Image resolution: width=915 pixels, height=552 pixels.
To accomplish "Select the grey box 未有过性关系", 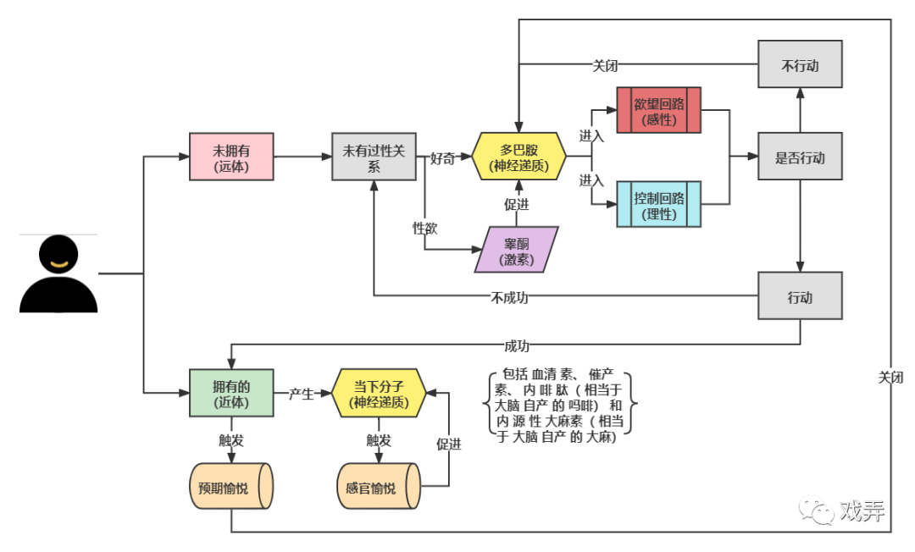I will [x=374, y=157].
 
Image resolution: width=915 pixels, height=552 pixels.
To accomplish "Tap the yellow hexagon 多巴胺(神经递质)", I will [x=518, y=157].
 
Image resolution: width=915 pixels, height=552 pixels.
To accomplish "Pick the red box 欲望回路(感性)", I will [x=658, y=110].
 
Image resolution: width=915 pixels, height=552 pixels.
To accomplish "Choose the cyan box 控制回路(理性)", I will [x=658, y=204].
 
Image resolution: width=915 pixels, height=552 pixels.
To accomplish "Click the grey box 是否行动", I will [x=800, y=157].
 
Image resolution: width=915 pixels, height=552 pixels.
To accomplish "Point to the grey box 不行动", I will [x=800, y=64].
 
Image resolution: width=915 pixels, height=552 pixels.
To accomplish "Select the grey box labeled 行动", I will [x=800, y=296].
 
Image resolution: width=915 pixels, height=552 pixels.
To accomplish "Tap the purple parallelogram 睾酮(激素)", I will [x=517, y=250].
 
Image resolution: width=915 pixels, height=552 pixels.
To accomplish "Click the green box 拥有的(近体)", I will [x=231, y=393].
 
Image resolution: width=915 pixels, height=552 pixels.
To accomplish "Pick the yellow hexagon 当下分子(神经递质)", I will [x=379, y=393].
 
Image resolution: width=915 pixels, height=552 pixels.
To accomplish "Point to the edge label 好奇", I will [x=442, y=157].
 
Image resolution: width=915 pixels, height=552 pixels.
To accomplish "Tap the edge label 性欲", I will [x=424, y=227].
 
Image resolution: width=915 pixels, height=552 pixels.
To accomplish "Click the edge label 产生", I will [x=302, y=393].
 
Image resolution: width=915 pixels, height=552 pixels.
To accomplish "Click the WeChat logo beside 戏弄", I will [x=816, y=509].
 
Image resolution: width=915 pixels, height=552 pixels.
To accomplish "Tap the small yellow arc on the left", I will [x=59, y=264].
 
